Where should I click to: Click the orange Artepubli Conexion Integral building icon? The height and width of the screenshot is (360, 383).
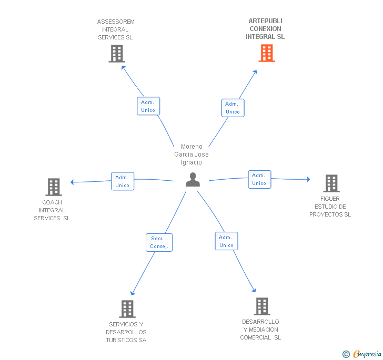click(267, 53)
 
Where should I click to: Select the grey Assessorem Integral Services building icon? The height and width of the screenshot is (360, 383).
click(117, 54)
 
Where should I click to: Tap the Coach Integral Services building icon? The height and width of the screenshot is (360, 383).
click(53, 187)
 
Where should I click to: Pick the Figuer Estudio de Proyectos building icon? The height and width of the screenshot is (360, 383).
click(331, 183)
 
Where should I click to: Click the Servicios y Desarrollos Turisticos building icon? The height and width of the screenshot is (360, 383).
click(127, 309)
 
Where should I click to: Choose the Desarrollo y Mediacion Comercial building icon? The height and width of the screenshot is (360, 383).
click(261, 306)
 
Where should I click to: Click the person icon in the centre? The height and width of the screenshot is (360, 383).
click(193, 180)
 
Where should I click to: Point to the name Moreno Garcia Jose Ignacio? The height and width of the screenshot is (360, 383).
click(191, 155)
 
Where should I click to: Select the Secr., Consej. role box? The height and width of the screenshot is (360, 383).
click(158, 242)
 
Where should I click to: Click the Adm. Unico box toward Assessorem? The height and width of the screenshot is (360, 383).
click(148, 106)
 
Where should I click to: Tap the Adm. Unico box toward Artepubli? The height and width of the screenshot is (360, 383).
click(233, 108)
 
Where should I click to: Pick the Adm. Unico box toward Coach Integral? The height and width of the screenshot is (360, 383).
click(123, 181)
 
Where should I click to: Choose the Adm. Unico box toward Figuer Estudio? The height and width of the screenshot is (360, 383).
click(259, 179)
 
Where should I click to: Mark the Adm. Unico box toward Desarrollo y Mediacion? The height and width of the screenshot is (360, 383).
click(226, 241)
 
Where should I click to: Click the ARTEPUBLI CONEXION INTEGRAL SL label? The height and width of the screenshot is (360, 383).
click(265, 29)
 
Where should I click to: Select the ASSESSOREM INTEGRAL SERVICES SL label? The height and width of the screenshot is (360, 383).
click(116, 29)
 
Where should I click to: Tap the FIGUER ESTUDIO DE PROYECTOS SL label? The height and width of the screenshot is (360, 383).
click(330, 207)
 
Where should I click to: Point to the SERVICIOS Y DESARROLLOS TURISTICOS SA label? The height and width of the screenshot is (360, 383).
click(126, 332)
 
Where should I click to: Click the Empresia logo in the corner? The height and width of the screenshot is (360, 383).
click(362, 354)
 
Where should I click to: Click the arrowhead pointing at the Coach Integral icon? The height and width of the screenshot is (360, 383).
click(73, 182)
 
